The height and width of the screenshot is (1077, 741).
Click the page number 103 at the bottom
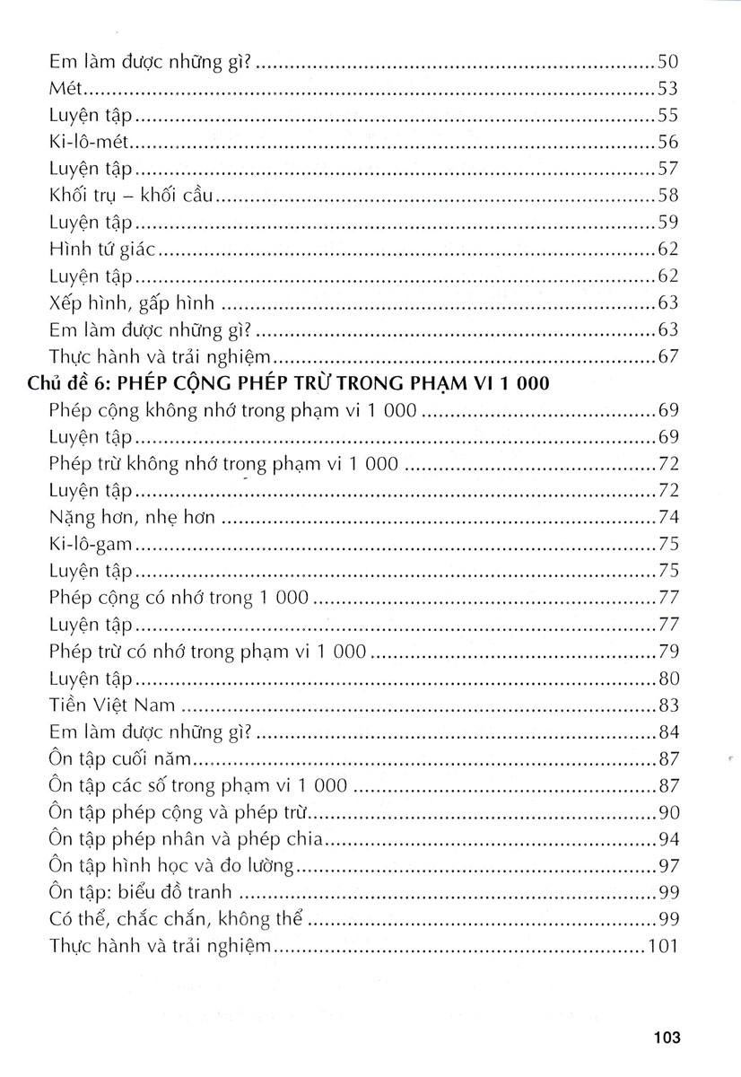pos(669,1038)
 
